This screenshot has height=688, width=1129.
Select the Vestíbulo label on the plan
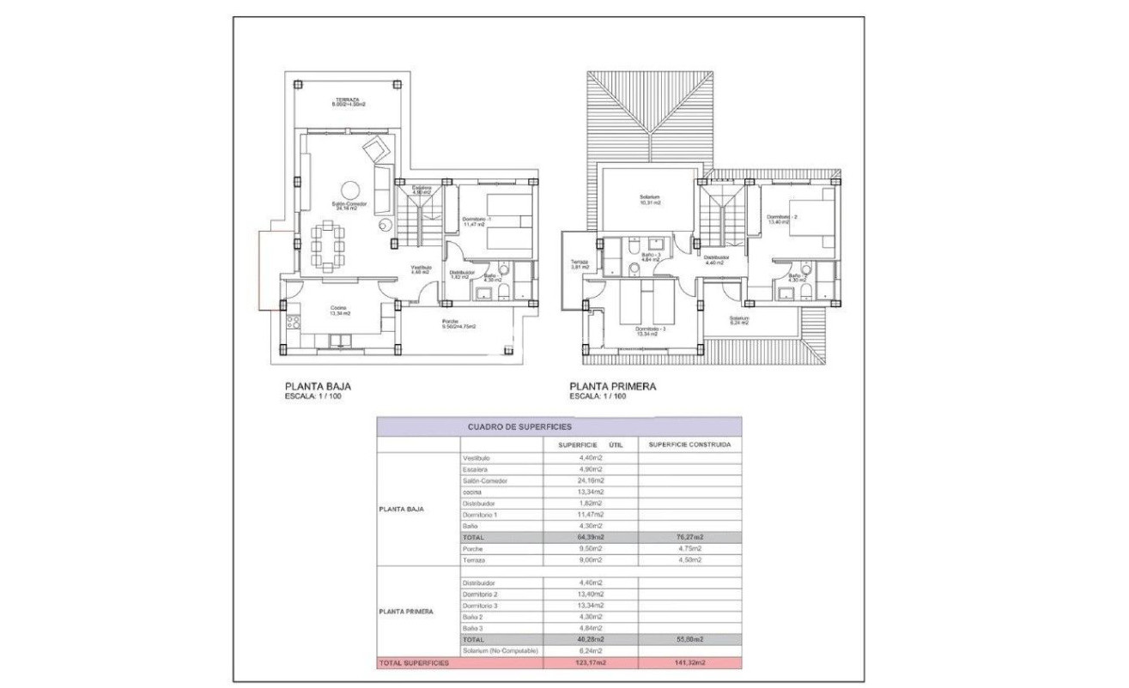(x=420, y=269)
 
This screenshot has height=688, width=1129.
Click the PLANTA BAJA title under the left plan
(x=318, y=387)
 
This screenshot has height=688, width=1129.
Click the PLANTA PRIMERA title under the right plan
(x=613, y=387)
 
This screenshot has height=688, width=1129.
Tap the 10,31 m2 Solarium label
(x=650, y=200)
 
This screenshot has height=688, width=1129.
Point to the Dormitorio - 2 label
(x=782, y=219)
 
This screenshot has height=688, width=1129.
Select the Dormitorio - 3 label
(x=647, y=330)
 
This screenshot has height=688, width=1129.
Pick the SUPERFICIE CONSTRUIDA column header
(x=689, y=445)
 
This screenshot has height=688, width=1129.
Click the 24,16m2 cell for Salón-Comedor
(x=591, y=480)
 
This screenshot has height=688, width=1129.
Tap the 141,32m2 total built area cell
(x=689, y=663)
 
